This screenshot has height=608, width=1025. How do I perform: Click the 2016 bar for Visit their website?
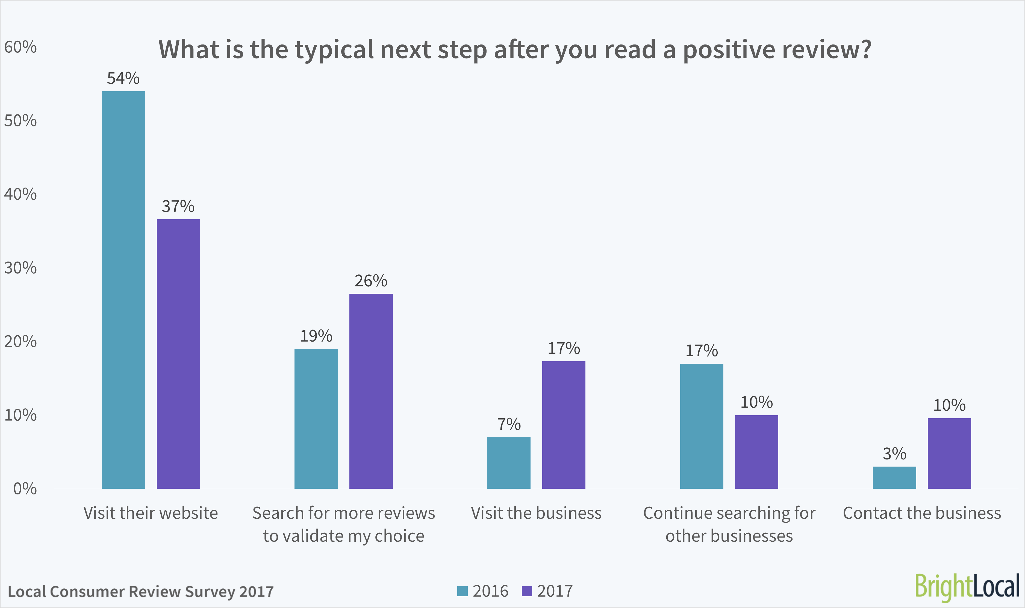(123, 290)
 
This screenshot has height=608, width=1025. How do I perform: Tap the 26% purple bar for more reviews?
(371, 391)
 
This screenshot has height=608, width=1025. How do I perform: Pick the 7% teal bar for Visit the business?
(509, 463)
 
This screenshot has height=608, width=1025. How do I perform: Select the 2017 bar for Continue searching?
(756, 452)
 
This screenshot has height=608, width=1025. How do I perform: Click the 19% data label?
(316, 336)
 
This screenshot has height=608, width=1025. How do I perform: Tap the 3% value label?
(894, 453)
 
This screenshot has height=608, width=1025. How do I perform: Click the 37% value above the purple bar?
(178, 206)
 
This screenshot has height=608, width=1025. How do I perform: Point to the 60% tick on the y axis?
(20, 47)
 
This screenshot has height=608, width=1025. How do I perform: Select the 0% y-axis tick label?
(25, 489)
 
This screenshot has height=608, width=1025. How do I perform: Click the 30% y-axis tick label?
(20, 268)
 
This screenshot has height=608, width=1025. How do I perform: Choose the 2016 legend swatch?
(462, 591)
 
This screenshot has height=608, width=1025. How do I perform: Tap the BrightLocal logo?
(967, 587)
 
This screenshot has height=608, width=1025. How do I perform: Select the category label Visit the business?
(536, 513)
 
